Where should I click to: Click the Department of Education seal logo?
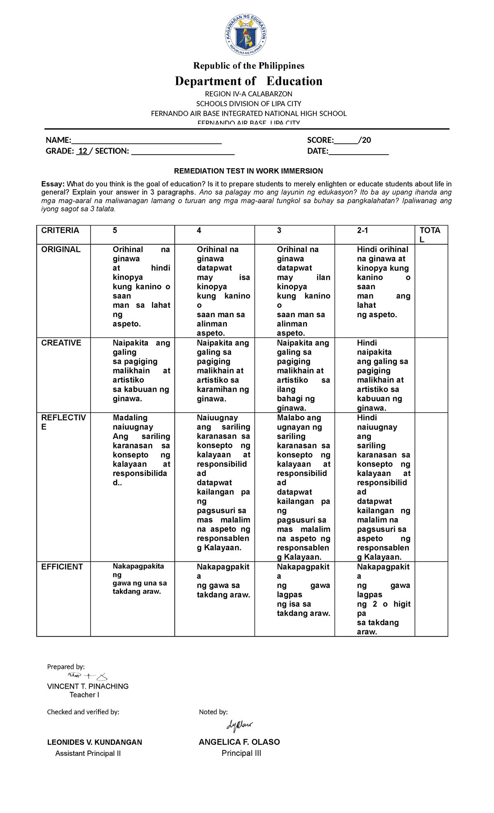246,36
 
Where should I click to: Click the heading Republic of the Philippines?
249,66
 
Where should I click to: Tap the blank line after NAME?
147,141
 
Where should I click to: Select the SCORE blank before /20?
346,141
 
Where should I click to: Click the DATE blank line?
358,151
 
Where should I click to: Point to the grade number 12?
83,151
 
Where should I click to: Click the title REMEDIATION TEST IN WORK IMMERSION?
248,171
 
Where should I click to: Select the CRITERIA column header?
60,230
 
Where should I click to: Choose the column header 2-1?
363,230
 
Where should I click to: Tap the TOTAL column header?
430,235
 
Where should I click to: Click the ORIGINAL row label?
61,249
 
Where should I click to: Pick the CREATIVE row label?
61,343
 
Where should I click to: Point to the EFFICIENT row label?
62,567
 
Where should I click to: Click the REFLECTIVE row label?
63,422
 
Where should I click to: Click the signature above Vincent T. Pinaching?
87,676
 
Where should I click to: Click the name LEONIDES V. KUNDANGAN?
94,742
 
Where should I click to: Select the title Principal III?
241,753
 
